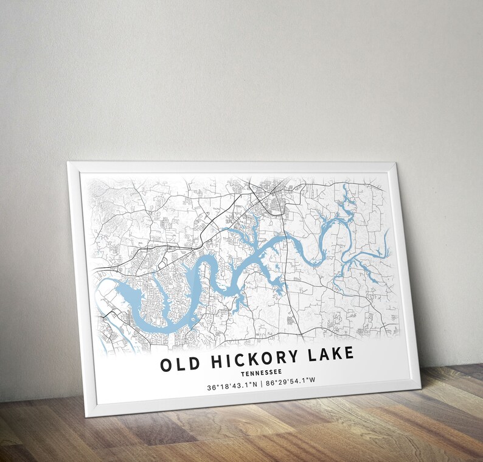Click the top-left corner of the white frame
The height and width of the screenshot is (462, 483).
pos(68,162)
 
